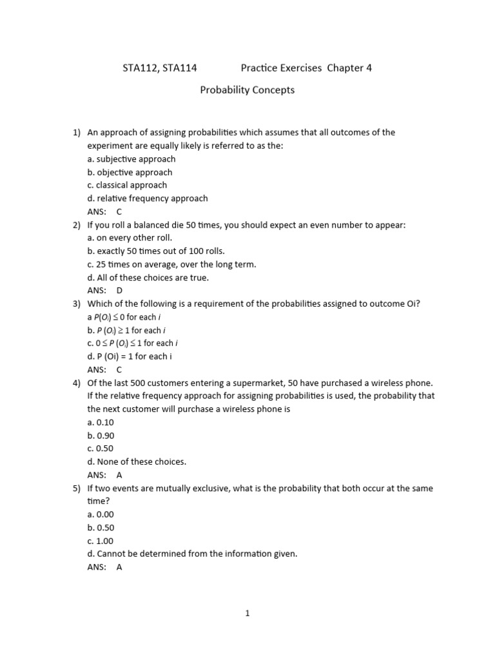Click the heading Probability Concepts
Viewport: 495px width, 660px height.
pyautogui.click(x=247, y=90)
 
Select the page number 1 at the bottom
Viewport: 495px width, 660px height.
pyautogui.click(x=247, y=614)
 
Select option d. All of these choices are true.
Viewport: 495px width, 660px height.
pyautogui.click(x=148, y=278)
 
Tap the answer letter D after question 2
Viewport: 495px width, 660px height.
pyautogui.click(x=119, y=291)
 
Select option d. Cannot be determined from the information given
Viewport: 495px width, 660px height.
pyautogui.click(x=192, y=554)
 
